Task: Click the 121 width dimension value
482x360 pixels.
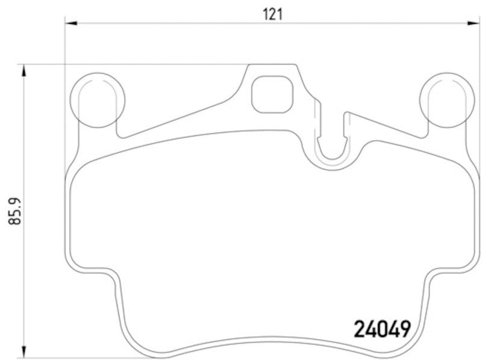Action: point(272,14)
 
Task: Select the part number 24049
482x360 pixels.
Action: point(381,329)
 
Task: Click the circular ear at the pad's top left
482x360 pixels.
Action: point(97,100)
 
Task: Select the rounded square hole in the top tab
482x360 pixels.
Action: point(272,95)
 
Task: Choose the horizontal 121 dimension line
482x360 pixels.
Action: point(181,23)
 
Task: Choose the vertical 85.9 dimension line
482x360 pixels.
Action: point(24,271)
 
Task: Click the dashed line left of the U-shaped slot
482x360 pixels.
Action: point(315,120)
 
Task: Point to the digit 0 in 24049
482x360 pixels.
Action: point(381,329)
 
